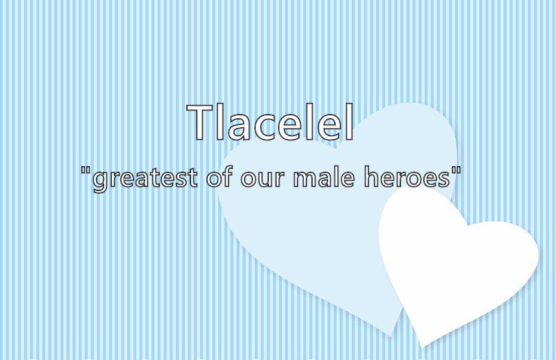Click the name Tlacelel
tap(270, 122)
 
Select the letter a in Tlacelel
tap(239, 126)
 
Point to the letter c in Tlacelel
tap(266, 126)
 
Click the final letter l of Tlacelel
tap(350, 122)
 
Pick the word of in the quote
tap(219, 176)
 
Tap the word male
tap(324, 176)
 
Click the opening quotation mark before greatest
tap(85, 170)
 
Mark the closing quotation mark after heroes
tap(457, 170)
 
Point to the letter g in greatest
tap(99, 181)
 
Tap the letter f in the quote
tap(228, 176)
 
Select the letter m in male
tap(306, 179)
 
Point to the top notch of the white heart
tap(467, 226)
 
